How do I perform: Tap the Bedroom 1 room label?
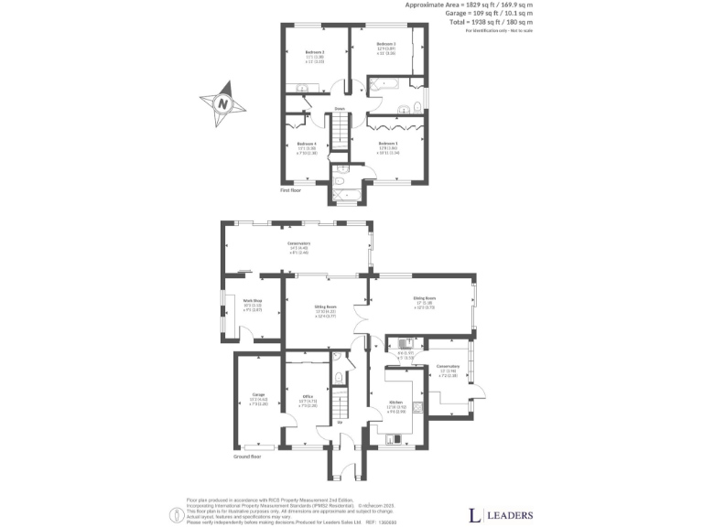pyautogui.click(x=389, y=144)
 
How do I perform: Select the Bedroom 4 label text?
pyautogui.click(x=308, y=144)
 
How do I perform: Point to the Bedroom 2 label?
pyautogui.click(x=386, y=44)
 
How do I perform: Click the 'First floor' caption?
pyautogui.click(x=290, y=190)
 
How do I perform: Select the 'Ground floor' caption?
pyautogui.click(x=248, y=455)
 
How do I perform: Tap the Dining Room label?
pyautogui.click(x=423, y=297)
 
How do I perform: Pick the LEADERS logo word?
pyautogui.click(x=508, y=513)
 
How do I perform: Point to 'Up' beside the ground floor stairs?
pyautogui.click(x=341, y=423)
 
